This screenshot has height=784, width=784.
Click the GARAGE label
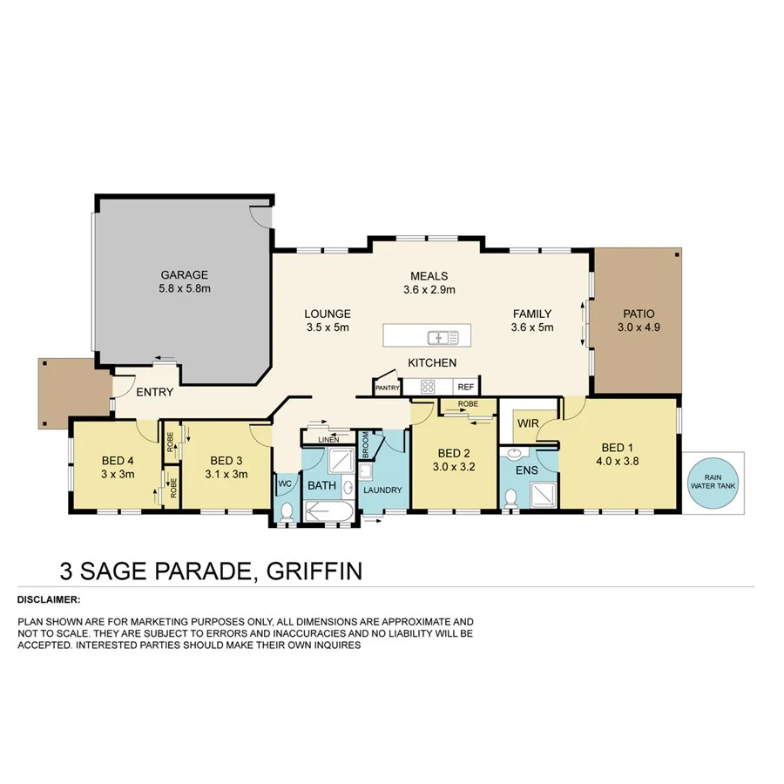point(184,274)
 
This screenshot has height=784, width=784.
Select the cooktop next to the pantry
point(429,387)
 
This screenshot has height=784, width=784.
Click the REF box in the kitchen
point(465,387)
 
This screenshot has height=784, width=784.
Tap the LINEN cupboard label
point(328,439)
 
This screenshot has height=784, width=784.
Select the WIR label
point(528,423)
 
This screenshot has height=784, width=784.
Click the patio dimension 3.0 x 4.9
point(639,328)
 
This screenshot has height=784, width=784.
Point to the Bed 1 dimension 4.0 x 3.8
point(619,462)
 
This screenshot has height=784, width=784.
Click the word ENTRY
point(154,392)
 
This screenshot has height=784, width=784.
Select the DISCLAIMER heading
point(49,599)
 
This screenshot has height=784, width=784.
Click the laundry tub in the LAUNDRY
point(366,471)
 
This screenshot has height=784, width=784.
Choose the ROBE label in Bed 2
point(467,405)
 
